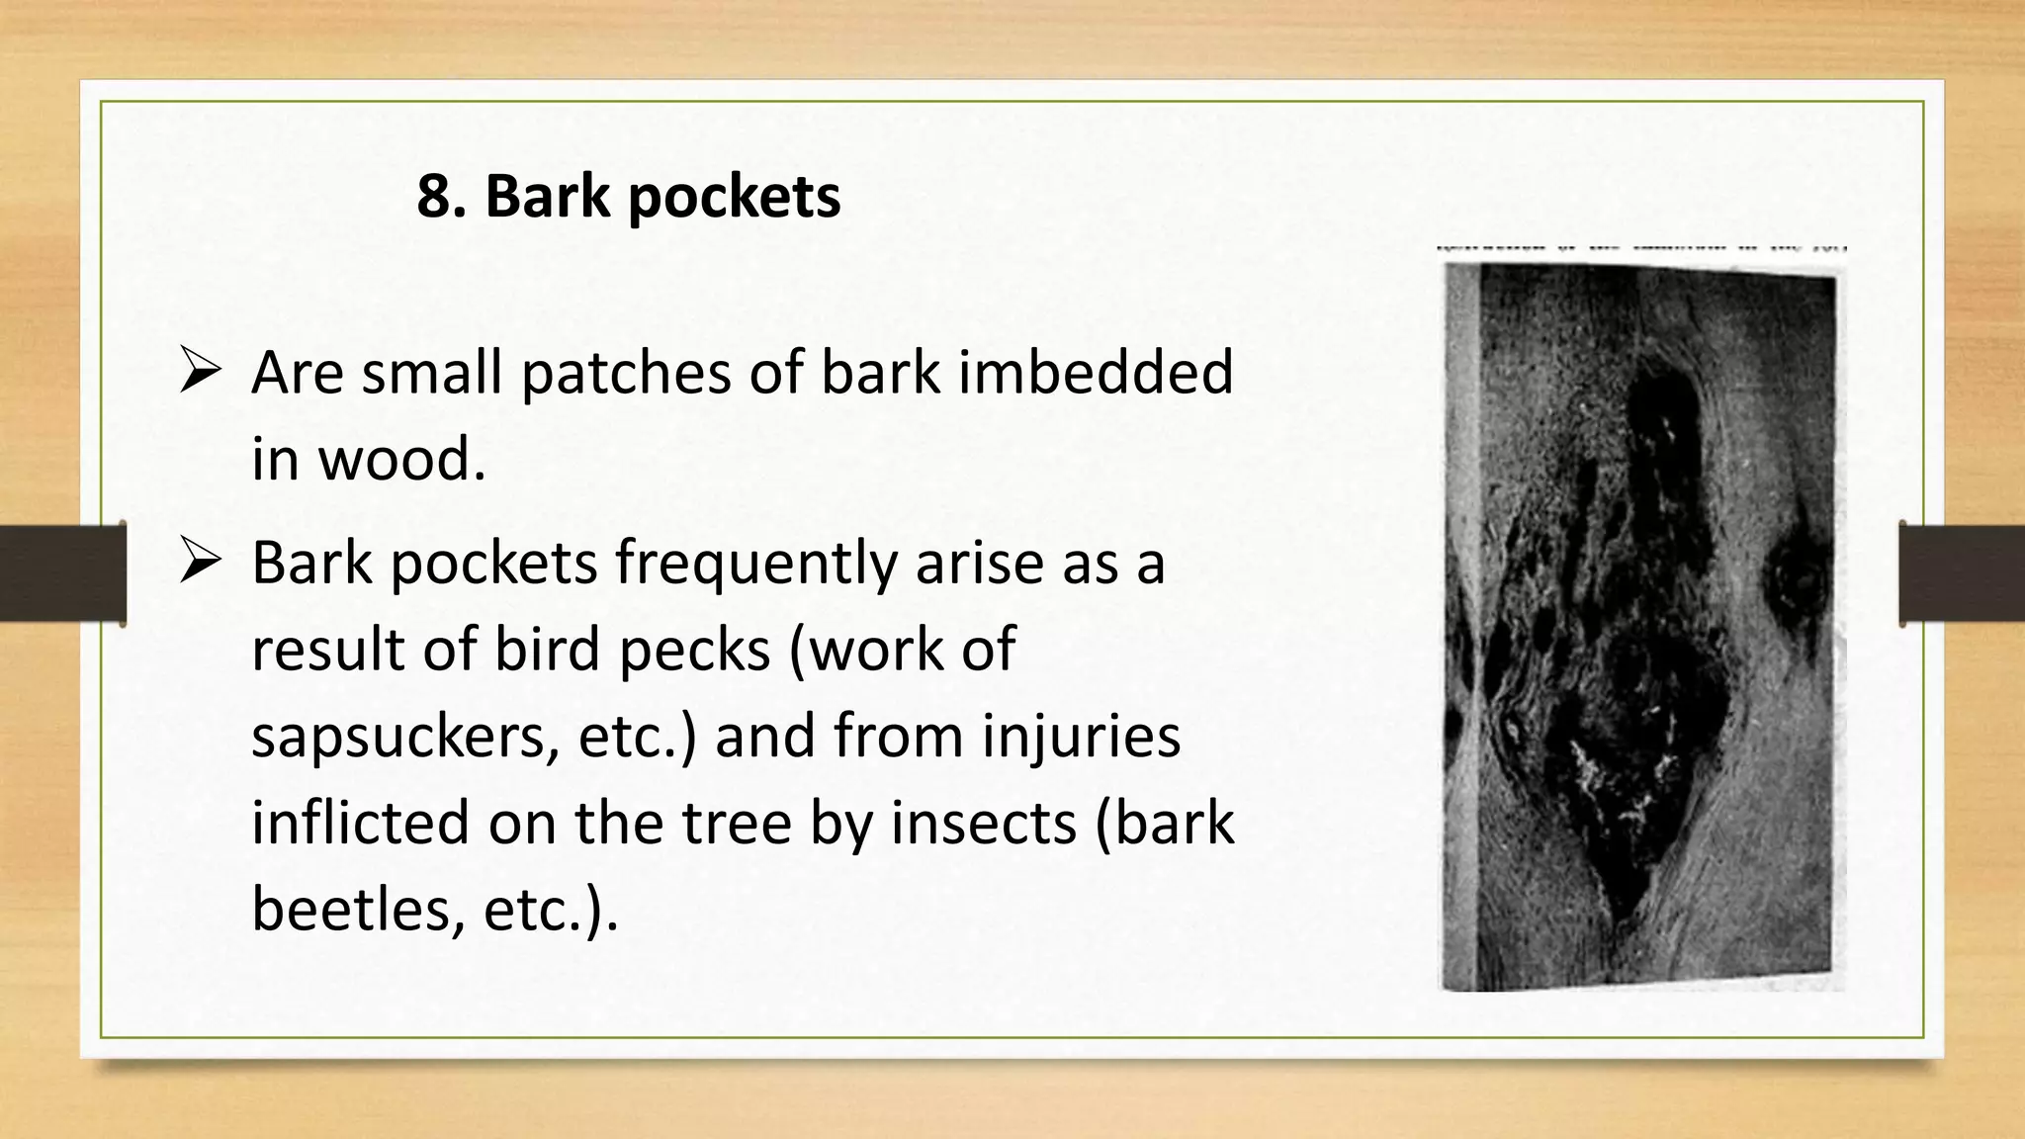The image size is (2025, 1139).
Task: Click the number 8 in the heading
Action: click(x=439, y=196)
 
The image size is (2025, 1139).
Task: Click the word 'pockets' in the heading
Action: click(x=734, y=198)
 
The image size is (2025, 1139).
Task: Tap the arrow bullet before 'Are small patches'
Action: click(x=200, y=373)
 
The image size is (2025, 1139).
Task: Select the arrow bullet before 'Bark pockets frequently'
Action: click(x=200, y=563)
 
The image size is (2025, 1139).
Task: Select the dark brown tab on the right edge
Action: click(x=1962, y=573)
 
